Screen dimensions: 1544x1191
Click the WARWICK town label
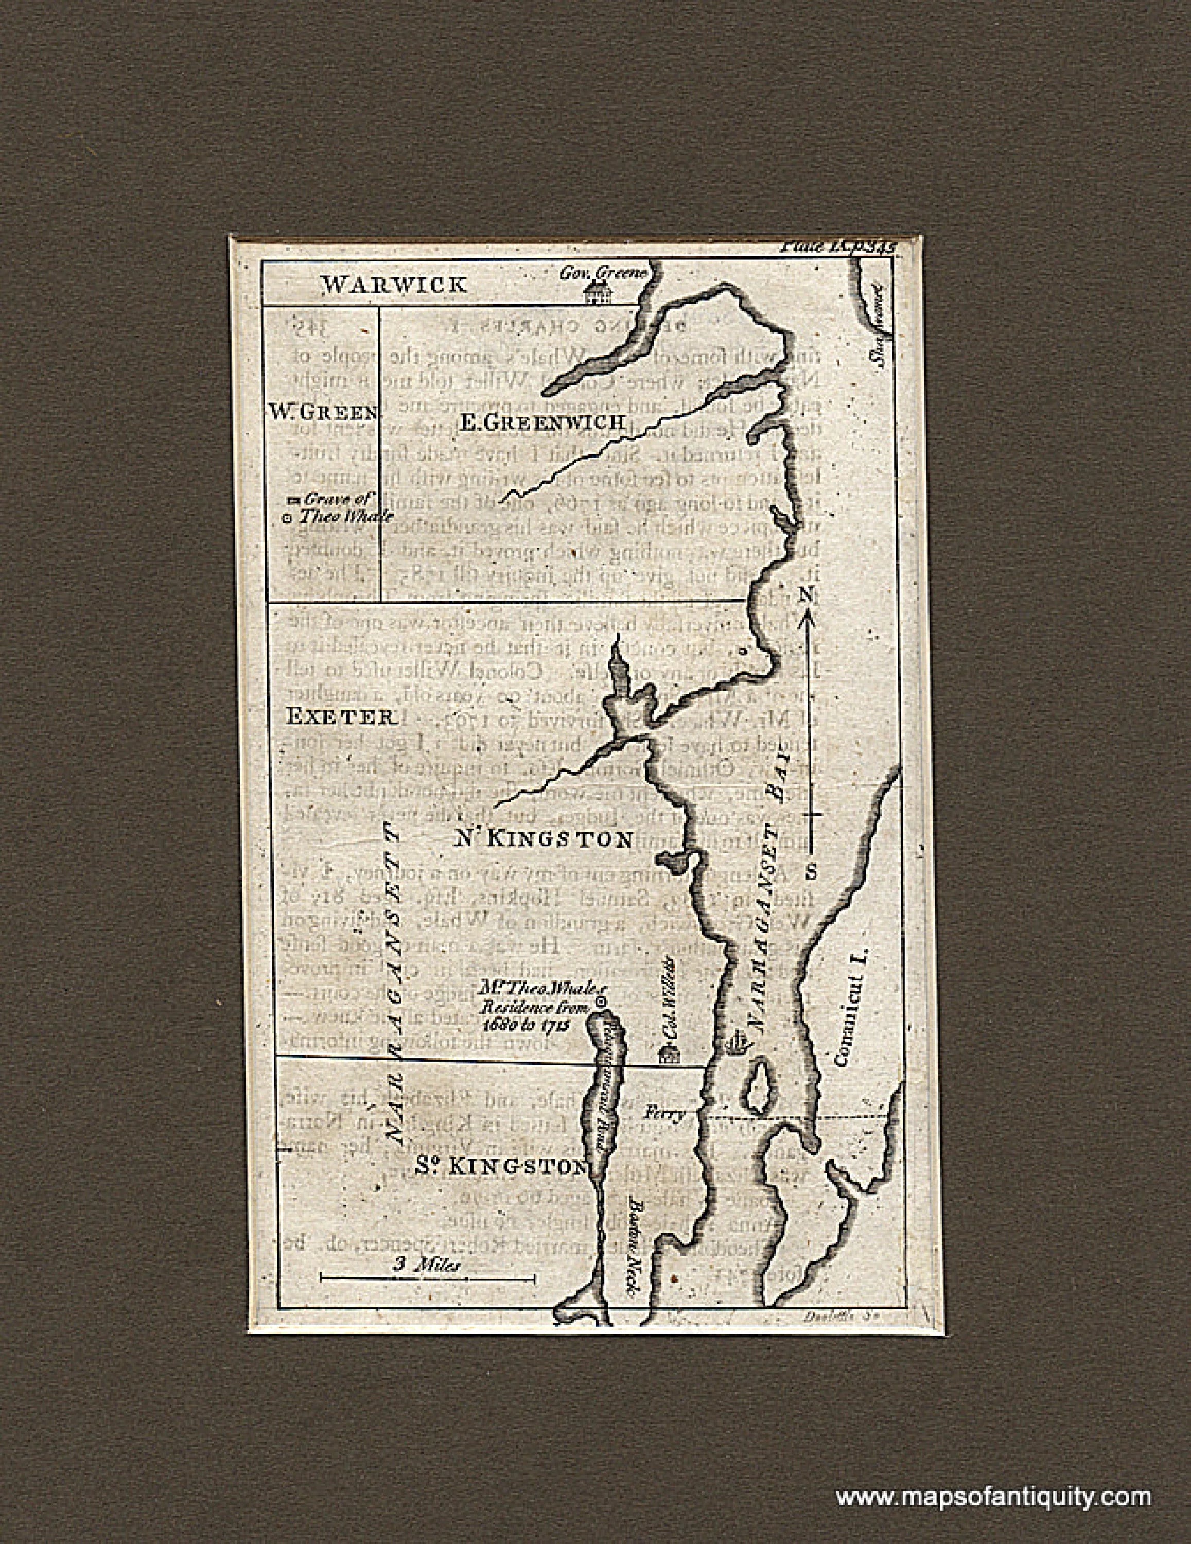pyautogui.click(x=394, y=285)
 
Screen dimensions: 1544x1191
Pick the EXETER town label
pyautogui.click(x=339, y=717)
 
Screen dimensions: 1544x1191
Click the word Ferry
pyautogui.click(x=664, y=1115)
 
